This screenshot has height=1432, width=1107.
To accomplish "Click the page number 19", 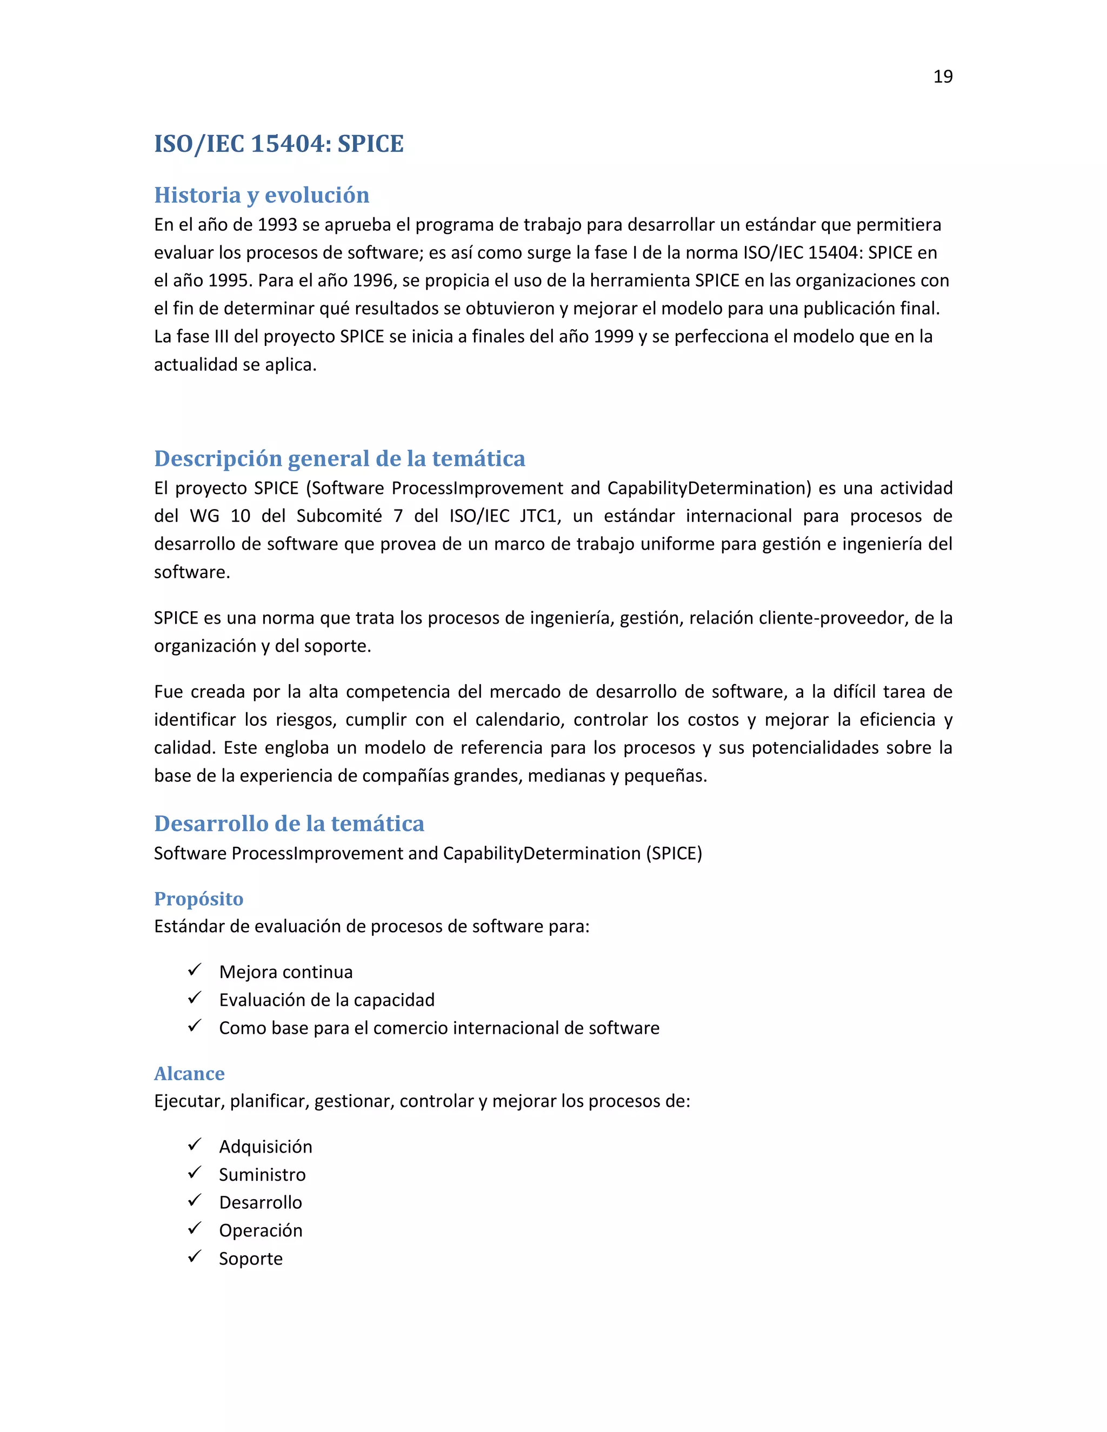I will (x=942, y=77).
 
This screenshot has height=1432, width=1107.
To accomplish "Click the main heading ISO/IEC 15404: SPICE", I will (x=279, y=144).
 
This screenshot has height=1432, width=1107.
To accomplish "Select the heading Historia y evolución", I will (x=262, y=195).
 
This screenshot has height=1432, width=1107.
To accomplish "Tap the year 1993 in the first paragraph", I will (x=277, y=225).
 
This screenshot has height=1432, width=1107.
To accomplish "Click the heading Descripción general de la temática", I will (x=339, y=458).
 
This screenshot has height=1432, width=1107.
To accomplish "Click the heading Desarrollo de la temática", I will (x=289, y=824).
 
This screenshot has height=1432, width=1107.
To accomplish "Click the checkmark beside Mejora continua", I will (x=194, y=970).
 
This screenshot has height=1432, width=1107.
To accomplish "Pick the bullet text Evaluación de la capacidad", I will (x=326, y=1000).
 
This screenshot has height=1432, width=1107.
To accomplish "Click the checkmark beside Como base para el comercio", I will (x=194, y=1026).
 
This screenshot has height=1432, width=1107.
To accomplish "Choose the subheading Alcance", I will (x=189, y=1073).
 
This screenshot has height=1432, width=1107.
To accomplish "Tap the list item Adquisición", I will (x=265, y=1147).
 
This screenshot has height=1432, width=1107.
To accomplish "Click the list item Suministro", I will (x=262, y=1174).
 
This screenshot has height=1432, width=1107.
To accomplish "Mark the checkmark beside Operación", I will (x=194, y=1229).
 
